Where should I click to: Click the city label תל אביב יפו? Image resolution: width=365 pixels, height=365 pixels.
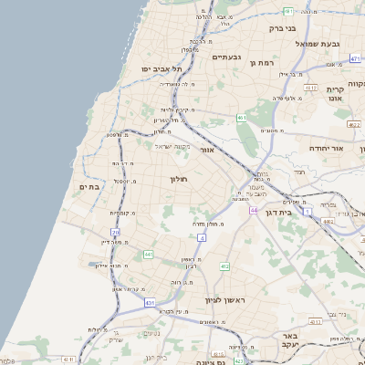click(162, 69)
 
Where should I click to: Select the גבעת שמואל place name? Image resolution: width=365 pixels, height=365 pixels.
click(318, 43)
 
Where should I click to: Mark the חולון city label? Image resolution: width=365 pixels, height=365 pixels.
click(178, 180)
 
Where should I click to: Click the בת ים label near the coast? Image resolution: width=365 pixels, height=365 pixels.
click(89, 186)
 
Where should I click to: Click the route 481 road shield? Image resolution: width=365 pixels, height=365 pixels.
click(288, 11)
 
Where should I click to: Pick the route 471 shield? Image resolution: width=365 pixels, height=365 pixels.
click(353, 57)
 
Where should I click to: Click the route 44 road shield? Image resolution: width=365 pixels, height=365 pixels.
click(253, 210)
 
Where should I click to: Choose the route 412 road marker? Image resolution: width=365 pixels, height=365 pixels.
click(224, 266)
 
